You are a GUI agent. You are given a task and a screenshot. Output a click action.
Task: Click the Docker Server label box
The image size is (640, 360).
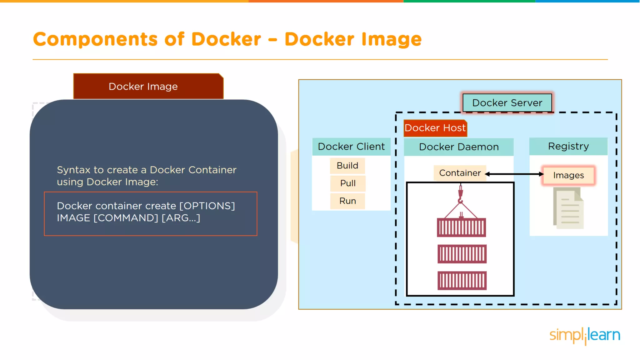(507, 103)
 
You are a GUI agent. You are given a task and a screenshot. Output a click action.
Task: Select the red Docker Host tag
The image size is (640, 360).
(435, 128)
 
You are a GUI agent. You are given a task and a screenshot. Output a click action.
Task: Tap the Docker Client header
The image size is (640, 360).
(351, 147)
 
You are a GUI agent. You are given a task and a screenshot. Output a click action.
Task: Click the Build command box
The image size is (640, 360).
(347, 166)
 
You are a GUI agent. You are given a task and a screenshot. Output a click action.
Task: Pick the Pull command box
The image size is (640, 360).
(348, 183)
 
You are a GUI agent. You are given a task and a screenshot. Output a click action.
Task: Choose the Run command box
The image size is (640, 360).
(348, 201)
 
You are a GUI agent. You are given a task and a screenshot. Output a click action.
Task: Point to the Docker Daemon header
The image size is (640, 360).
(459, 147)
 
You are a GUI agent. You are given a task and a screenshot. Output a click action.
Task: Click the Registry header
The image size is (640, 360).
(568, 146)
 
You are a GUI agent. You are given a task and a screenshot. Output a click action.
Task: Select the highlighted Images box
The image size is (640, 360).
(568, 175)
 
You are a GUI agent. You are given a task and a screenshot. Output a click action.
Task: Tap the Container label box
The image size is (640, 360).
(460, 173)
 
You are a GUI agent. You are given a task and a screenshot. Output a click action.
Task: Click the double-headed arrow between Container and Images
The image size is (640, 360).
(514, 174)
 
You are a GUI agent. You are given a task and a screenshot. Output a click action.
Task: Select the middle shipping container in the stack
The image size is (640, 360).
(462, 254)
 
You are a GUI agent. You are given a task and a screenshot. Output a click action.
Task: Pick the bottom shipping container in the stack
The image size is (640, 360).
(462, 281)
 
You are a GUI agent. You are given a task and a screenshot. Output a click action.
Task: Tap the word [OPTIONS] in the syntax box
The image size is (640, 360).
(207, 206)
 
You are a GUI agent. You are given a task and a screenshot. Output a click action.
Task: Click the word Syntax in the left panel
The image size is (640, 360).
(73, 170)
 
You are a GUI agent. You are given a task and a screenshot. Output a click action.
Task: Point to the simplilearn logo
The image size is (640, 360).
(585, 335)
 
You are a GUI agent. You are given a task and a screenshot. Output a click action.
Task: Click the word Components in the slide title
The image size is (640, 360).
(95, 39)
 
